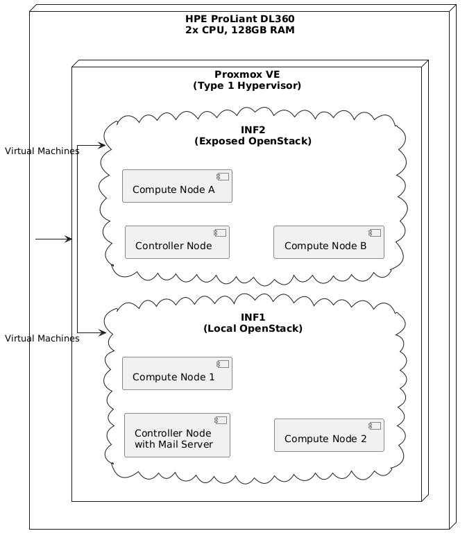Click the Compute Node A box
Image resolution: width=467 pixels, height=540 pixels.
(177, 186)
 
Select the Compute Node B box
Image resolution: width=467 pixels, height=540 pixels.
(329, 242)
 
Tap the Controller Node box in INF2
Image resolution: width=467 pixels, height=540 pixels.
(177, 242)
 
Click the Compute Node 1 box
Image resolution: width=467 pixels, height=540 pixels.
(177, 373)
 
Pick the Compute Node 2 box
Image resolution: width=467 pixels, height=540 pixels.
(329, 435)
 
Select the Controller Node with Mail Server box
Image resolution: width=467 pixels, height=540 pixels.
(177, 435)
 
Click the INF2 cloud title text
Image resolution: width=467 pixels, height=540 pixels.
(253, 130)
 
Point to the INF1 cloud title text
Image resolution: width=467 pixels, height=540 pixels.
(253, 317)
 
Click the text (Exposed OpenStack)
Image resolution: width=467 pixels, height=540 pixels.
(253, 141)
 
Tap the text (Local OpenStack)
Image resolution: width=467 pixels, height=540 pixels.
(253, 328)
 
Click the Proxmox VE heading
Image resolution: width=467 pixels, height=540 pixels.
(247, 74)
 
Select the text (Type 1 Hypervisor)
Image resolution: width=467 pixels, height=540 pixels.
(247, 86)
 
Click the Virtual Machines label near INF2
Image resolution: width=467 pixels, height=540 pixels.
(42, 151)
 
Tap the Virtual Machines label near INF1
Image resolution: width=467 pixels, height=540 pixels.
(42, 339)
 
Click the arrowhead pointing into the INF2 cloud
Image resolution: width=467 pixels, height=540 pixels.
(102, 146)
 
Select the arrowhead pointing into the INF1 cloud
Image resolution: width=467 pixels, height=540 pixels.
(102, 333)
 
